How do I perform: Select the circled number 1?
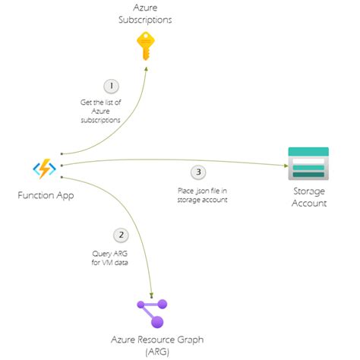(x=110, y=87)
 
